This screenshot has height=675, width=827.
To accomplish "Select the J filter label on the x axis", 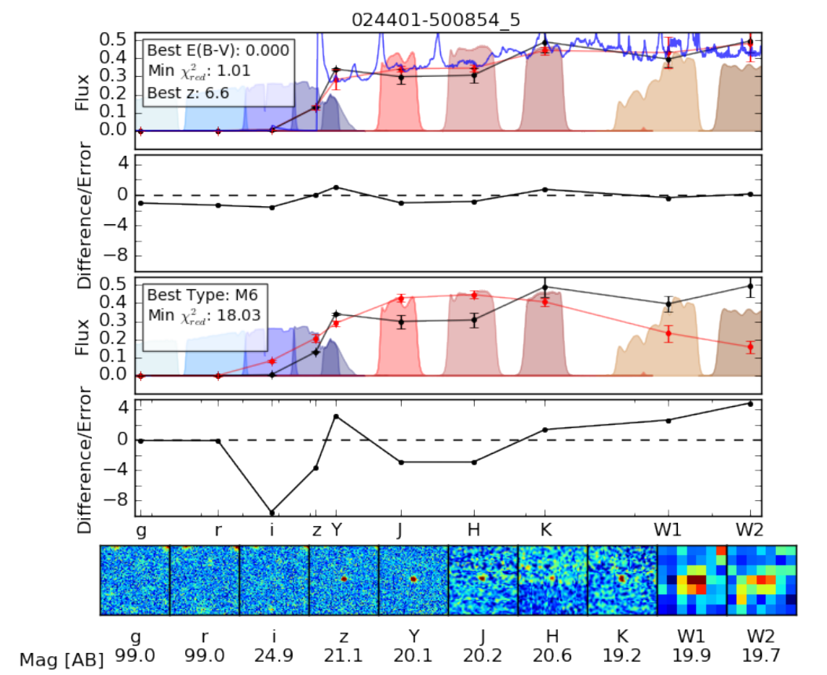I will click(400, 530).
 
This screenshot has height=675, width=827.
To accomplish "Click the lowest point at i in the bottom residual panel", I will click(272, 512).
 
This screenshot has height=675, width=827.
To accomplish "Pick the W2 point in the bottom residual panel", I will click(749, 404).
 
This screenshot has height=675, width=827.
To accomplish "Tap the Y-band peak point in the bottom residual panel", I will click(336, 416).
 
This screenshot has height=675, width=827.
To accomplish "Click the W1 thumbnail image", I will click(692, 580).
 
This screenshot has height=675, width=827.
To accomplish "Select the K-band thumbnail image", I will click(622, 580).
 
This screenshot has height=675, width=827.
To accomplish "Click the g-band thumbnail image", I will click(134, 580).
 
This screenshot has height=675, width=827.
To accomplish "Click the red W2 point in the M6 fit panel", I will click(749, 347).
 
